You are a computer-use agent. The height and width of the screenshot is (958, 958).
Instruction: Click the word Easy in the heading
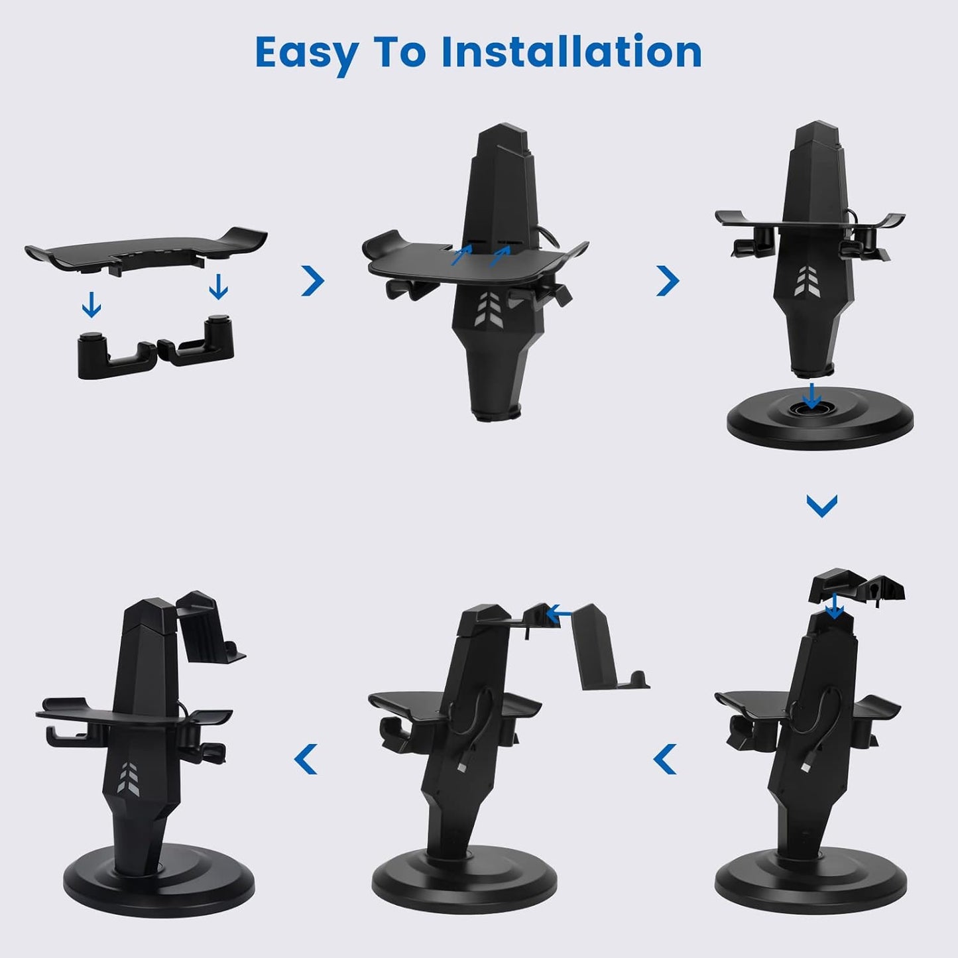click(306, 53)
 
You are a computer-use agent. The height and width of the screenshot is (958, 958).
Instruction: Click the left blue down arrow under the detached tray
click(91, 306)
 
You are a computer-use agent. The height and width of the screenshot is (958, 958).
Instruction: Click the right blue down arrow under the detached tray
click(218, 287)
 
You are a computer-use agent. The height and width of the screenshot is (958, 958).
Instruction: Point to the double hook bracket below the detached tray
click(156, 348)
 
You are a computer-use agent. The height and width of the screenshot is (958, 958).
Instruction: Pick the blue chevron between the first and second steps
click(313, 280)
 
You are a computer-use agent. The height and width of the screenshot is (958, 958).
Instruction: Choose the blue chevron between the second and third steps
click(668, 280)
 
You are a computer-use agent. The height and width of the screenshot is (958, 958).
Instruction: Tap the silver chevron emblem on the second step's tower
click(493, 309)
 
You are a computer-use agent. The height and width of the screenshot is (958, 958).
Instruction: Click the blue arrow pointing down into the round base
click(811, 396)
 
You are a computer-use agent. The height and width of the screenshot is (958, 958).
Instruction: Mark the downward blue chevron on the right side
click(821, 505)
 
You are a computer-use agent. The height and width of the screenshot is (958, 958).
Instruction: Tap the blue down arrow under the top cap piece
click(835, 605)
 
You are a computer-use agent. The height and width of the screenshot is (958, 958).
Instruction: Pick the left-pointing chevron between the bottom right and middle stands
click(665, 759)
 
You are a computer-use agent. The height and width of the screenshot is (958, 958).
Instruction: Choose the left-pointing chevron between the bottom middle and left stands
click(306, 759)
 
